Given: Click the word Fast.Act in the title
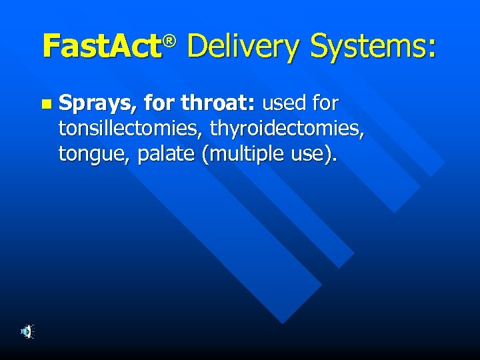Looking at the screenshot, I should tap(102, 47).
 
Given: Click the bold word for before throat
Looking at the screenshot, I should tap(160, 103).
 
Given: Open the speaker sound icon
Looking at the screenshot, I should tap(27, 331).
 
